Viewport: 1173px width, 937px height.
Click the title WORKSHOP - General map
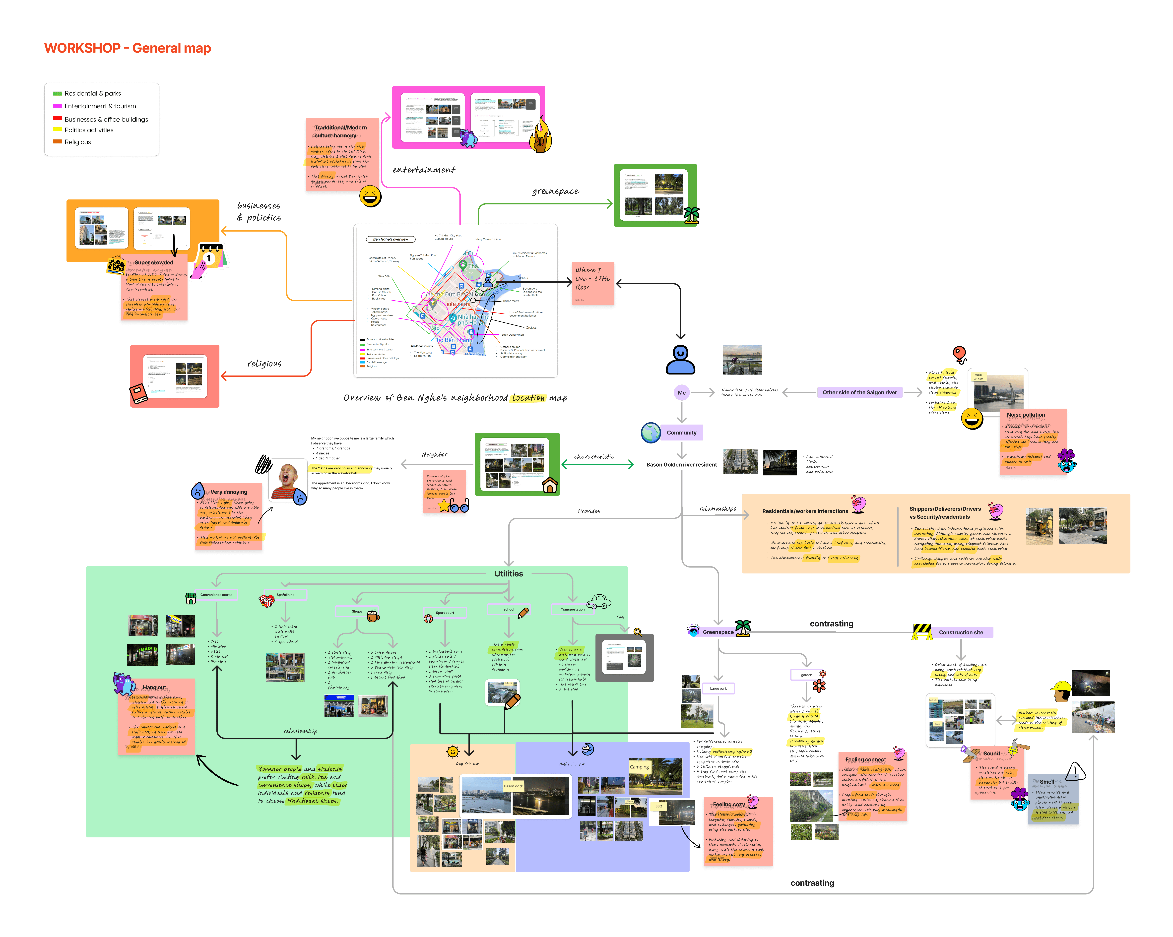tap(127, 48)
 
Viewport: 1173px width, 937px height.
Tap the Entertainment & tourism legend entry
tap(100, 106)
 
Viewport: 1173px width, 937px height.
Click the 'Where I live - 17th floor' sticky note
tap(592, 284)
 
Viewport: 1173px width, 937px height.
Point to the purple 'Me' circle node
tap(681, 392)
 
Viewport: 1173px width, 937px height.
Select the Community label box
tap(681, 433)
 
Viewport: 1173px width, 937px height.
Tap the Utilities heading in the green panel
tap(508, 573)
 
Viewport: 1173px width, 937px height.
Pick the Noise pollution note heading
tap(1026, 415)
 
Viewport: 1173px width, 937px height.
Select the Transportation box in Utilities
tap(572, 609)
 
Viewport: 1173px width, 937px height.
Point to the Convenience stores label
tap(216, 595)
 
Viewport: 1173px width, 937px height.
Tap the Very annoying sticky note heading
tap(229, 492)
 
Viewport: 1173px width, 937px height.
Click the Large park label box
tap(718, 688)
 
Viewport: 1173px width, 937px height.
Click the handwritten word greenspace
tap(555, 191)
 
